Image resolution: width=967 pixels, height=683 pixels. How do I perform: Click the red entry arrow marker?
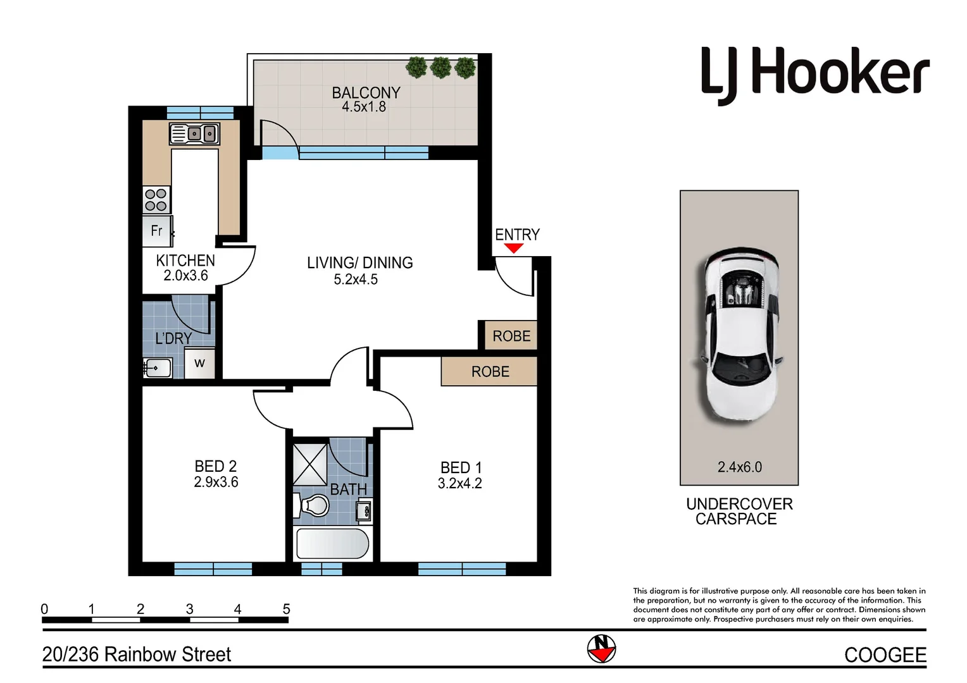514,249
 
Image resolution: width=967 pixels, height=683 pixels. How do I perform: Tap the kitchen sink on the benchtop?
195,134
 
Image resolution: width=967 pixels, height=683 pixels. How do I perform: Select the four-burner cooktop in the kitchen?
156,200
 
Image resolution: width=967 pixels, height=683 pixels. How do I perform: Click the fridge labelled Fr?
157,231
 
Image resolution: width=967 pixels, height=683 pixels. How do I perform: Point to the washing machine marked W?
200,364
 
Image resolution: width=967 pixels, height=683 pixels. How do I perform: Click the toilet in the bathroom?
313,506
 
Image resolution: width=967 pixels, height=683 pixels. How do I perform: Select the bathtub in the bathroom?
332,544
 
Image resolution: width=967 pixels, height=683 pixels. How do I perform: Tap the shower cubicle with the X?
310,465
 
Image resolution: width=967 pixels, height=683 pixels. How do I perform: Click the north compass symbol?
601,648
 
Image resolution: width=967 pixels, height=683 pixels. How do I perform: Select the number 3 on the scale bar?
189,609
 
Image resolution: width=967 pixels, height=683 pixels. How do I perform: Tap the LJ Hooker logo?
815,75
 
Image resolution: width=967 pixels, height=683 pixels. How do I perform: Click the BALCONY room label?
366,93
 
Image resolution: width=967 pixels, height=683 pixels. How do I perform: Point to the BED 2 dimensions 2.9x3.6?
216,483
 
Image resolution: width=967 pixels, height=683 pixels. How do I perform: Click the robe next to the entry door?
511,336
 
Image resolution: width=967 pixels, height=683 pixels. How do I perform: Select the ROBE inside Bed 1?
490,372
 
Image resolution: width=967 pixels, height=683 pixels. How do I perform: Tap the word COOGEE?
885,655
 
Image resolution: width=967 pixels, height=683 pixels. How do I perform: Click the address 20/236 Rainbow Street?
137,655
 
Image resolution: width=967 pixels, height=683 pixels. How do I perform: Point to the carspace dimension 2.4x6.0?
739,467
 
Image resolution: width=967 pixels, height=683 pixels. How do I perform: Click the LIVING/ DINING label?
359,263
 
